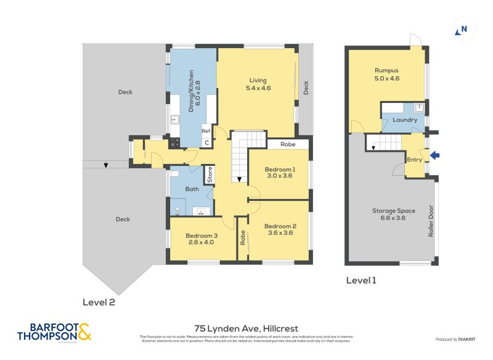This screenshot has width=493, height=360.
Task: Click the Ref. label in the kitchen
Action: [x=206, y=131]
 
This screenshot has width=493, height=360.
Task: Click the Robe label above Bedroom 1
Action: [x=287, y=144]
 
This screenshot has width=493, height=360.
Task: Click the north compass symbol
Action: [x=461, y=30]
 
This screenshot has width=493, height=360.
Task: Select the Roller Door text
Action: [x=431, y=221]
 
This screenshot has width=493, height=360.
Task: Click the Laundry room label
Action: [x=405, y=120]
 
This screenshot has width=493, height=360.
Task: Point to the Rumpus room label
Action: [x=386, y=70]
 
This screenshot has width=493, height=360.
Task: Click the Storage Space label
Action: [x=393, y=211]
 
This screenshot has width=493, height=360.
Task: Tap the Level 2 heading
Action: [x=99, y=302]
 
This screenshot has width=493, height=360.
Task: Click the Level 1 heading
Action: [x=361, y=280]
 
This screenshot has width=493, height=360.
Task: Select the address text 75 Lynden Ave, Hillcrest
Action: [x=246, y=329]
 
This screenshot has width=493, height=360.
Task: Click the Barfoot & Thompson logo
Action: [x=54, y=332]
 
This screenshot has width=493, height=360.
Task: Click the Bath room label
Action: [x=192, y=189]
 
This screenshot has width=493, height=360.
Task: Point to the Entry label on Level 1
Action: [x=414, y=160]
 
